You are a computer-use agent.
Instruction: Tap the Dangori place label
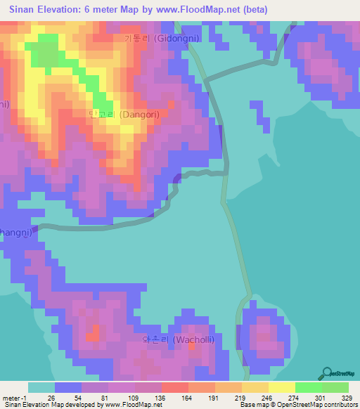[124, 114]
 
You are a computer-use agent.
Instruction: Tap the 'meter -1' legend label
[15, 398]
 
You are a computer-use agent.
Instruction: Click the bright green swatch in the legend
[308, 388]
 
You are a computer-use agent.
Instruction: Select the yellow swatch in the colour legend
[281, 388]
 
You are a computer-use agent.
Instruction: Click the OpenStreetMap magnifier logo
[326, 372]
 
